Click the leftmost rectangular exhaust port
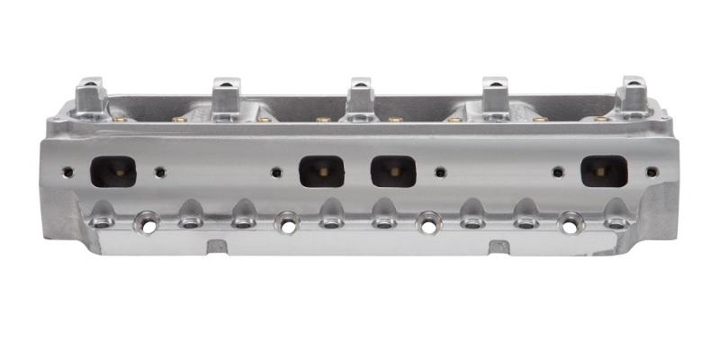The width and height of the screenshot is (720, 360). click(113, 171)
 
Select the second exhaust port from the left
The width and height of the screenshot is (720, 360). click(321, 171)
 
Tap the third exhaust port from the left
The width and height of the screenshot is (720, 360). click(393, 171)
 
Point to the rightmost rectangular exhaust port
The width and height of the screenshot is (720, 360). click(603, 171)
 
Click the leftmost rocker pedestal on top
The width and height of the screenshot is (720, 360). click(92, 97)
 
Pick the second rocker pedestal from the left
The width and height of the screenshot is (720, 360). click(224, 97)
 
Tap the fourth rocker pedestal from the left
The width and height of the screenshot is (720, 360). click(495, 97)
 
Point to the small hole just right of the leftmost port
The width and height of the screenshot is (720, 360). click(160, 171)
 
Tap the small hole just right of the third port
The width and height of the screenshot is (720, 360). click(439, 171)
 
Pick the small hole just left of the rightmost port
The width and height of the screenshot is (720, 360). click(558, 171)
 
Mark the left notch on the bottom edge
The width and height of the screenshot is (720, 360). click(215, 247)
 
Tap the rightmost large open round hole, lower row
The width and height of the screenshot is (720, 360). click(569, 220)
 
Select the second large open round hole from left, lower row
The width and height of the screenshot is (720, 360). click(287, 221)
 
